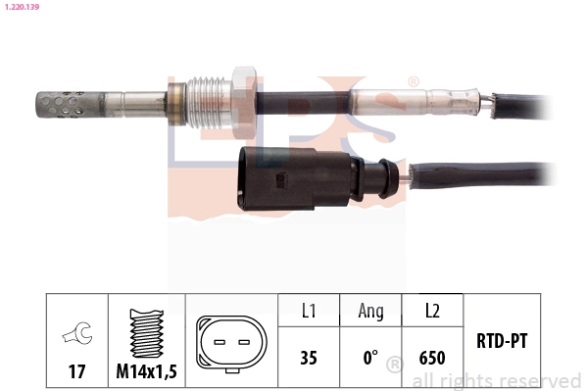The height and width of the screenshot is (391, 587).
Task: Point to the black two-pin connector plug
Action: pyautogui.click(x=294, y=178)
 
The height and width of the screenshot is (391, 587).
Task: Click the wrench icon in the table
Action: pyautogui.click(x=74, y=334)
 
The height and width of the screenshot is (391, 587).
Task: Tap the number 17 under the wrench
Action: pyautogui.click(x=75, y=372)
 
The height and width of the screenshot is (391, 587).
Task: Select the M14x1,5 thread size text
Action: pyautogui.click(x=144, y=372)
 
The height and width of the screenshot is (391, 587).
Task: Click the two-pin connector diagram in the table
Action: pyautogui.click(x=231, y=344)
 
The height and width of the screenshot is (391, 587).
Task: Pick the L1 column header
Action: pyautogui.click(x=308, y=312)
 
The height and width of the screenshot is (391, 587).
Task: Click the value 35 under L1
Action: pyautogui.click(x=308, y=358)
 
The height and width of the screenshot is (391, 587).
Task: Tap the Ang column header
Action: pyautogui.click(x=370, y=312)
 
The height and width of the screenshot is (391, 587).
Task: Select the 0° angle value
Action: pyautogui.click(x=370, y=358)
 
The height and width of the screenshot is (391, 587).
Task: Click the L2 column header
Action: pyautogui.click(x=432, y=312)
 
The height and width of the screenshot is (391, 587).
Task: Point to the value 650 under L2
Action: pyautogui.click(x=432, y=358)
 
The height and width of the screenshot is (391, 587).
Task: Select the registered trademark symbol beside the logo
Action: pyautogui.click(x=413, y=82)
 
